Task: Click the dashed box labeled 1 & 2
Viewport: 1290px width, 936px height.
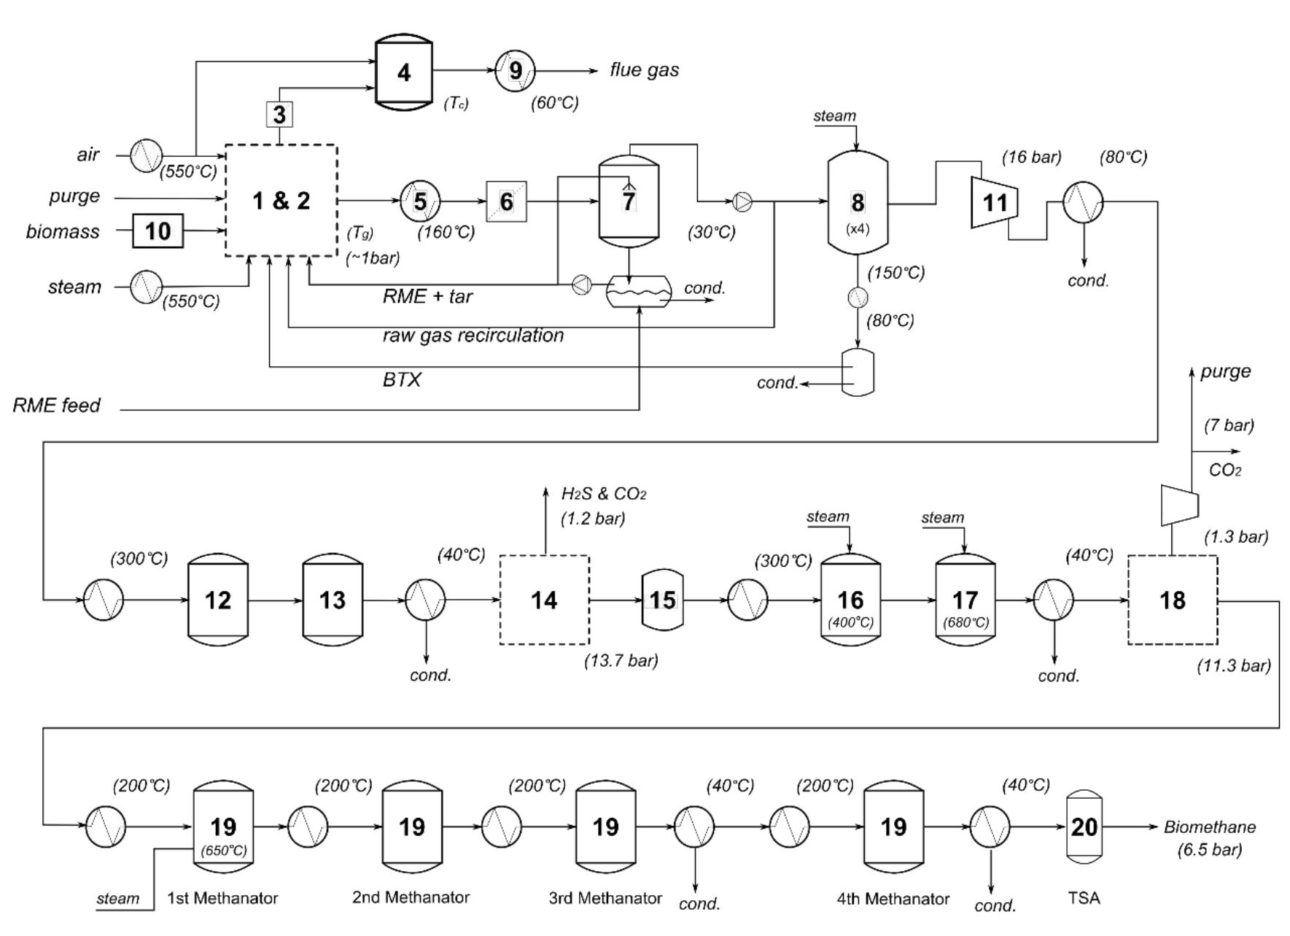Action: [281, 200]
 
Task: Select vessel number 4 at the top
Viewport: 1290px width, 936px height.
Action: [403, 72]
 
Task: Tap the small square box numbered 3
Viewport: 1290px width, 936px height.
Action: [279, 115]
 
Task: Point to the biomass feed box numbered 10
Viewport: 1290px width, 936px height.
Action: [158, 231]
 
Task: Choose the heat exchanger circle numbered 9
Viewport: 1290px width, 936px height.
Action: [515, 71]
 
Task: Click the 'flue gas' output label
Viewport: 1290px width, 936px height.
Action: [644, 70]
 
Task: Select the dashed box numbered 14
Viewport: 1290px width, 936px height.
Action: [544, 600]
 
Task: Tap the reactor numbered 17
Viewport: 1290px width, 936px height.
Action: [965, 600]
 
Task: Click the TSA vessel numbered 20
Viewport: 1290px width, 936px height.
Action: [1084, 827]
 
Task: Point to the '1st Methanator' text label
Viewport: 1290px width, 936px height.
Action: [222, 898]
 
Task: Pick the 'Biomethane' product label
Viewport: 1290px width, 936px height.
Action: [1209, 827]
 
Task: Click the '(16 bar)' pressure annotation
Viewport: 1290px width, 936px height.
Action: [1031, 157]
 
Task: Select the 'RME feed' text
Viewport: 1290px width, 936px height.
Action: [56, 406]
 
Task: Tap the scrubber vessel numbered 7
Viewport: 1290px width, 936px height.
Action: [629, 200]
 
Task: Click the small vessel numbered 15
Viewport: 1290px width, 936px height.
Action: [662, 600]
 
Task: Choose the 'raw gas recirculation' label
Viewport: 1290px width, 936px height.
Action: [473, 336]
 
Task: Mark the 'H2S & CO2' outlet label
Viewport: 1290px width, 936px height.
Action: [603, 494]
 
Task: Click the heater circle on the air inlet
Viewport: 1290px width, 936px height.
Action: [147, 155]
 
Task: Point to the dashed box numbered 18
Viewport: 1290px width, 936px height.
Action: [1172, 600]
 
